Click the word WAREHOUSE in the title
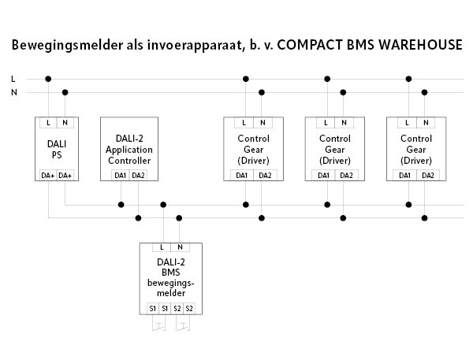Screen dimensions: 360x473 point(417,44)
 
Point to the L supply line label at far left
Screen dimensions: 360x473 point(13,79)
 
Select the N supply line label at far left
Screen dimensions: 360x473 point(13,93)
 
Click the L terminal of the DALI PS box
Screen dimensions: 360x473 point(49,123)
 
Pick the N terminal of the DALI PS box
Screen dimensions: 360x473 point(65,123)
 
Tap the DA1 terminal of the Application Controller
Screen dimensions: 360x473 point(121,175)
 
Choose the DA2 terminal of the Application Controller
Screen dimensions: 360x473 point(138,175)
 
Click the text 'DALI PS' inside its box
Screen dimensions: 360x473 point(57,149)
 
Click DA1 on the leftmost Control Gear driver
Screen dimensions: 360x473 point(243,175)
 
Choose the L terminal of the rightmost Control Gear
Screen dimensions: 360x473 point(408,123)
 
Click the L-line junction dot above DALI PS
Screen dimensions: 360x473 point(49,79)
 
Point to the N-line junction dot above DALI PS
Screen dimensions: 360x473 point(65,93)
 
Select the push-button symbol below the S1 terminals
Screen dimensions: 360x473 point(158,323)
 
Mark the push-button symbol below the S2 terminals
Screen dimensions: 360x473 point(183,323)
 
